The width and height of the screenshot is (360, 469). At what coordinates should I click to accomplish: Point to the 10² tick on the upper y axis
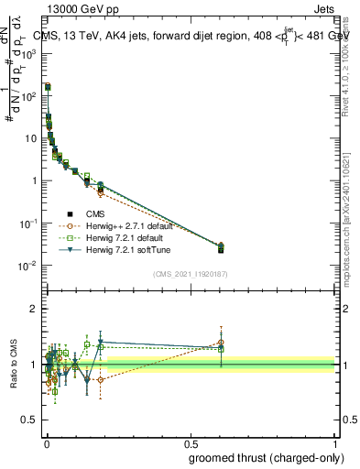tap(30, 95)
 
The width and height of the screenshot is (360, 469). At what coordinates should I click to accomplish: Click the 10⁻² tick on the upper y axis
tap(30, 266)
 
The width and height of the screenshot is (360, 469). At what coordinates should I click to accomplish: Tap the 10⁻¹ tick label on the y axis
tap(30, 224)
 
